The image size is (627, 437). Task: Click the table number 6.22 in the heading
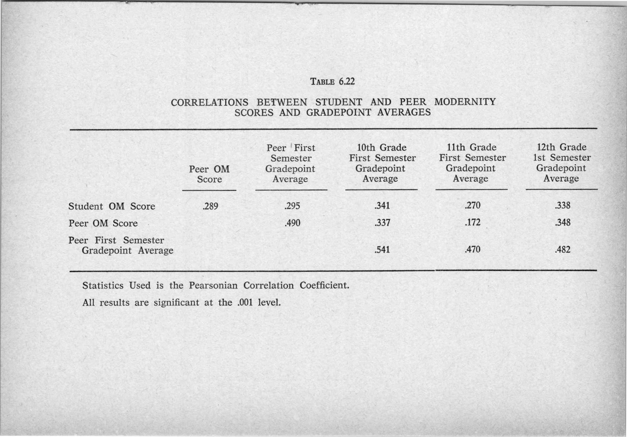[347, 81]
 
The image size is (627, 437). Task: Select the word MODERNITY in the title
[465, 102]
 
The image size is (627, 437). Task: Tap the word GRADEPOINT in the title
[338, 113]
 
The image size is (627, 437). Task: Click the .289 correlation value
[210, 206]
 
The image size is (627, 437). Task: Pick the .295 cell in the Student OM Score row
[292, 206]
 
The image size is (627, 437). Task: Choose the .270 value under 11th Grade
[472, 205]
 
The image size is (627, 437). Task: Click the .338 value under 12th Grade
[563, 205]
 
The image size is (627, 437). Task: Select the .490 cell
[292, 223]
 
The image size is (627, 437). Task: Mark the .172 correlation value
[472, 222]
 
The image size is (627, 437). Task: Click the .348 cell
[563, 222]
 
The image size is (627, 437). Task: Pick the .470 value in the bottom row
[472, 249]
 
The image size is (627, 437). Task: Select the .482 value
[563, 249]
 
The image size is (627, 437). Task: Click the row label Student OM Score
[111, 206]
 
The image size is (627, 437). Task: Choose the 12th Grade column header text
[561, 147]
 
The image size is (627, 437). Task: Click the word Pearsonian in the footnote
[213, 285]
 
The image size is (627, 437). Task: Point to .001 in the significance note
[245, 303]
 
